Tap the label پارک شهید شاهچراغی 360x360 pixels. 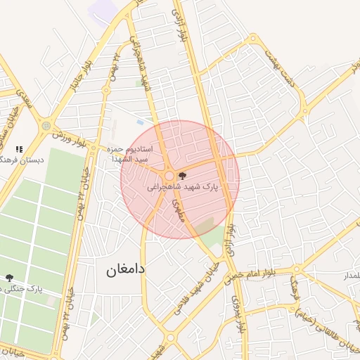(x=184, y=188)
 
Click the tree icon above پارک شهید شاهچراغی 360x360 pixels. (x=183, y=176)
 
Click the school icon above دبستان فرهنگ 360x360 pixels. (x=19, y=149)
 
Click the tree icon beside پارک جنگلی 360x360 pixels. (x=8, y=278)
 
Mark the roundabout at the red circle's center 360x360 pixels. (x=169, y=176)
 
